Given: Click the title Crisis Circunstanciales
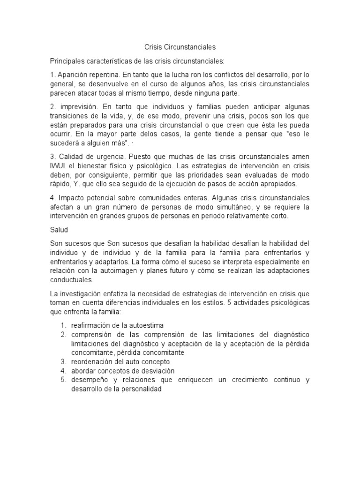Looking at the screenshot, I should pyautogui.click(x=180, y=47).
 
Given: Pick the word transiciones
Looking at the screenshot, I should pyautogui.click(x=70, y=116).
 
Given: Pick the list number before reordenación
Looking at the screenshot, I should pyautogui.click(x=63, y=362).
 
